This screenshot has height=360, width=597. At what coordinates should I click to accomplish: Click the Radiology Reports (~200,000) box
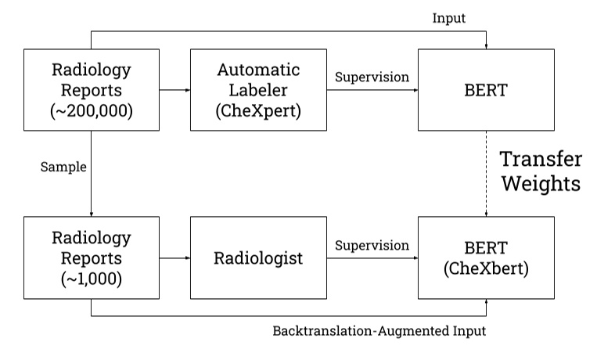(92, 90)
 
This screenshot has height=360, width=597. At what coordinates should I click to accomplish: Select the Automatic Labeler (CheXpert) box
(258, 90)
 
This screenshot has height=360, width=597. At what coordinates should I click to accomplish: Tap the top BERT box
(487, 90)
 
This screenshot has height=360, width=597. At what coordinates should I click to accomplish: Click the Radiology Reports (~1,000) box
(92, 257)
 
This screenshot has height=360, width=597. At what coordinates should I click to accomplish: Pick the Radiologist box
(258, 257)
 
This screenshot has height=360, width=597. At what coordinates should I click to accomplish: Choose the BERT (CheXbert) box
(487, 257)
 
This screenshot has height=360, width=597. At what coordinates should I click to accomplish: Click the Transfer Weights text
(541, 172)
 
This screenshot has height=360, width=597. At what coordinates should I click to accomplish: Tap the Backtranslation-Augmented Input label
(379, 330)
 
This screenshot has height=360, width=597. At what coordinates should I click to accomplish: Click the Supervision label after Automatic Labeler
(372, 77)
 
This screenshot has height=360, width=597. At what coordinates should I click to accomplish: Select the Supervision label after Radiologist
(372, 245)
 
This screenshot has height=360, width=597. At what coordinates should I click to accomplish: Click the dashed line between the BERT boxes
(487, 173)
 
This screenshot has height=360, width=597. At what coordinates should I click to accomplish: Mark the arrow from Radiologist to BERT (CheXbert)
(372, 258)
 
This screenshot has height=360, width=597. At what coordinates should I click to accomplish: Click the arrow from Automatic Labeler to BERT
(372, 91)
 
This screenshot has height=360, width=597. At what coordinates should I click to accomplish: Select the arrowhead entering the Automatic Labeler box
(186, 91)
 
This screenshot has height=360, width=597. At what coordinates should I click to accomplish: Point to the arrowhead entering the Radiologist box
(186, 258)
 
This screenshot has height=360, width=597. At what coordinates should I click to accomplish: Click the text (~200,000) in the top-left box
(92, 111)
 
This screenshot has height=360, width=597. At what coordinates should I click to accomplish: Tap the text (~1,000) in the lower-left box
(92, 279)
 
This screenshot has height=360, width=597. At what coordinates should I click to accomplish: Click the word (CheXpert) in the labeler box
(258, 111)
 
